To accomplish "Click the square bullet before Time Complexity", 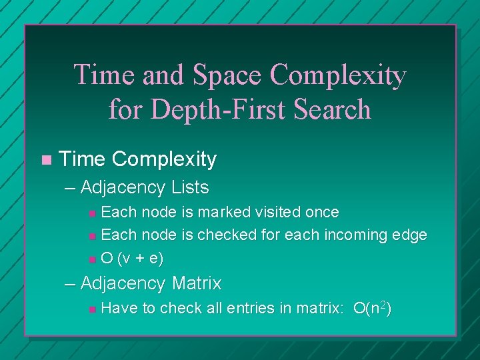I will point(45,160).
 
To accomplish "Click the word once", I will point(322,213).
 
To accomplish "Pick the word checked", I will point(222,235).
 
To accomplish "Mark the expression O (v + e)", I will point(133,257).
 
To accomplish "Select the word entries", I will point(251,308).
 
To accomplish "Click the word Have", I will point(117,308).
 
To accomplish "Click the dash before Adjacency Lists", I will point(71,188).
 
